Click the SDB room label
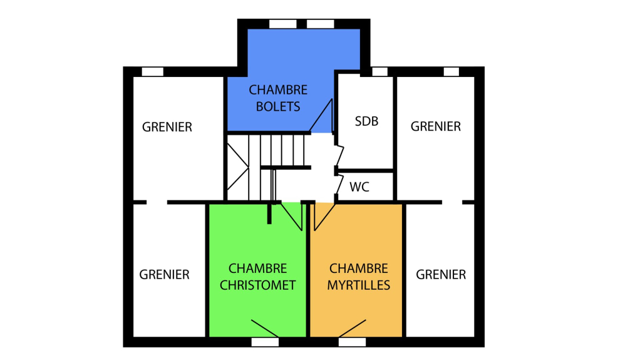tap(366, 121)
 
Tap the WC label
tap(359, 187)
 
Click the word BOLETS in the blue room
tap(278, 106)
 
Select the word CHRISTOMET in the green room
tap(257, 285)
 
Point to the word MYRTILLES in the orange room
tap(359, 285)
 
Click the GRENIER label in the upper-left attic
tap(167, 127)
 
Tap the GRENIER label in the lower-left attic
tap(164, 274)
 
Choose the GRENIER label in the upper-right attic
tap(435, 126)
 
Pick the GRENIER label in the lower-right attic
tap(441, 274)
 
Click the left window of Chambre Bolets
tap(283, 24)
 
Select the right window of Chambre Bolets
tap(321, 24)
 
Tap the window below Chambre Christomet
tap(265, 342)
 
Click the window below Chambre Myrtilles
tap(352, 342)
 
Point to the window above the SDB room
tap(380, 72)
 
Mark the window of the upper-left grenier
tap(153, 72)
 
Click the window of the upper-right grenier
tap(452, 72)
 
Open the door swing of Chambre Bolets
tap(321, 116)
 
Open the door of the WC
tap(339, 183)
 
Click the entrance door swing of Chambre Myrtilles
tap(324, 217)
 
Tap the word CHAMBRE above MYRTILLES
tap(359, 268)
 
